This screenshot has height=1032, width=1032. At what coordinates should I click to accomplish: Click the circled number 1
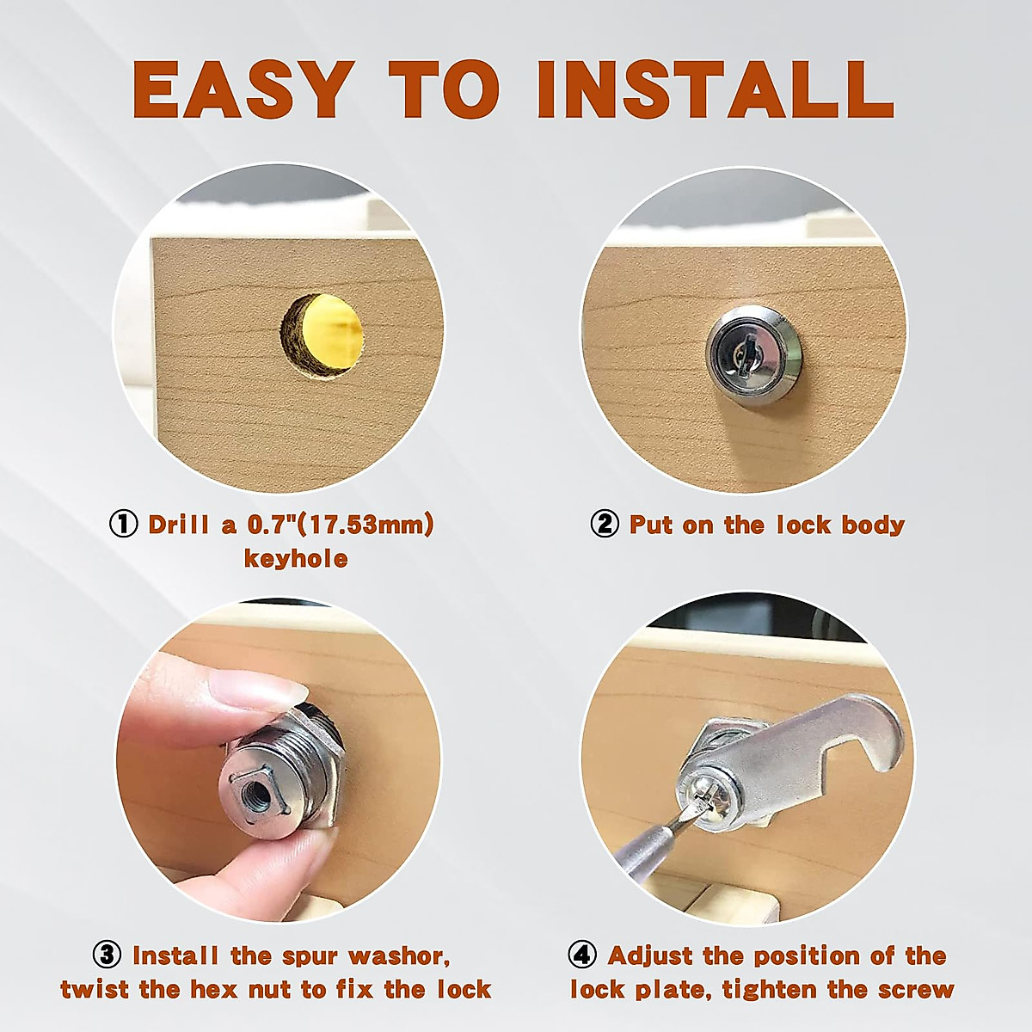(x=123, y=524)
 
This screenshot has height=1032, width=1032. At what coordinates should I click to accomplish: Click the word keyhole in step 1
(x=296, y=558)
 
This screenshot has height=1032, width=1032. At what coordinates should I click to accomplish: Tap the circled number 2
(x=605, y=524)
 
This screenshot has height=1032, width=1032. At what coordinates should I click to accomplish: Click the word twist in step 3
(x=94, y=988)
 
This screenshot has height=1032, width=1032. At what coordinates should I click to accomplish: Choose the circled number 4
(x=583, y=955)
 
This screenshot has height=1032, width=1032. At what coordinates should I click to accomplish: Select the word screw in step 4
(x=912, y=988)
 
